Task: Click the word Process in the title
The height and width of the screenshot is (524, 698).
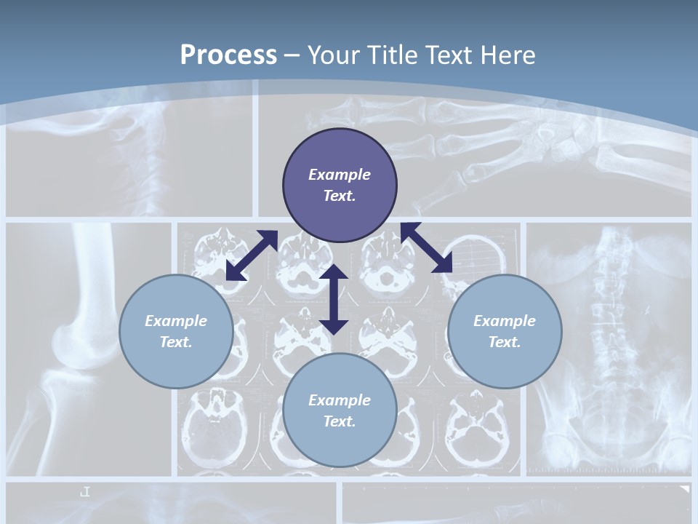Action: tap(228, 55)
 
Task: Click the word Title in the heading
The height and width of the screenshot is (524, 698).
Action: tap(393, 55)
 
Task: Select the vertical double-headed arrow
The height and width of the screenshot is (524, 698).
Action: tap(334, 299)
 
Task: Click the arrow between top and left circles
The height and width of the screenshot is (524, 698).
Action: tap(252, 255)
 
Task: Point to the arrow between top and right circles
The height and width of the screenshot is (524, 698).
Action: tap(427, 247)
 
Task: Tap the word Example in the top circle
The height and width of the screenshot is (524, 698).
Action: tap(340, 175)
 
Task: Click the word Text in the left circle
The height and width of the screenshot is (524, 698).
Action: tap(176, 342)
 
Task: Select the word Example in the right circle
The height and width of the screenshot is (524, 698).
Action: tap(505, 321)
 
